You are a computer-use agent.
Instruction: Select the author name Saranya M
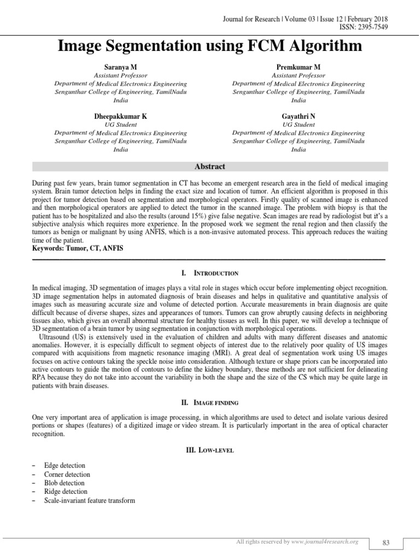pos(121,67)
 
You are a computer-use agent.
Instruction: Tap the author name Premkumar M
pos(299,67)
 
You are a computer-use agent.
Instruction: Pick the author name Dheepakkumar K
pos(121,116)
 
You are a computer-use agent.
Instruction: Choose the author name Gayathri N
pos(299,116)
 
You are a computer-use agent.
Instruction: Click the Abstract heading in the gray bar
pos(210,167)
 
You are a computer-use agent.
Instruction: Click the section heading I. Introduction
pos(210,273)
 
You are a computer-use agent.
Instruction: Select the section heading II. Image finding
pos(210,403)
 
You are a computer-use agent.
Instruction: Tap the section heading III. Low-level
pos(210,450)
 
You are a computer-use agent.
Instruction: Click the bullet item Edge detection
pos(65,466)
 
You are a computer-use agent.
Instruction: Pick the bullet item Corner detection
pos(67,475)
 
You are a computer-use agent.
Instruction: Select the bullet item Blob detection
pos(65,483)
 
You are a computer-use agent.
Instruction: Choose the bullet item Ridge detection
pos(66,492)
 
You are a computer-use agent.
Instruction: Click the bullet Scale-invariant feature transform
pos(90,500)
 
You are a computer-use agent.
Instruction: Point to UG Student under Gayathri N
pos(299,125)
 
